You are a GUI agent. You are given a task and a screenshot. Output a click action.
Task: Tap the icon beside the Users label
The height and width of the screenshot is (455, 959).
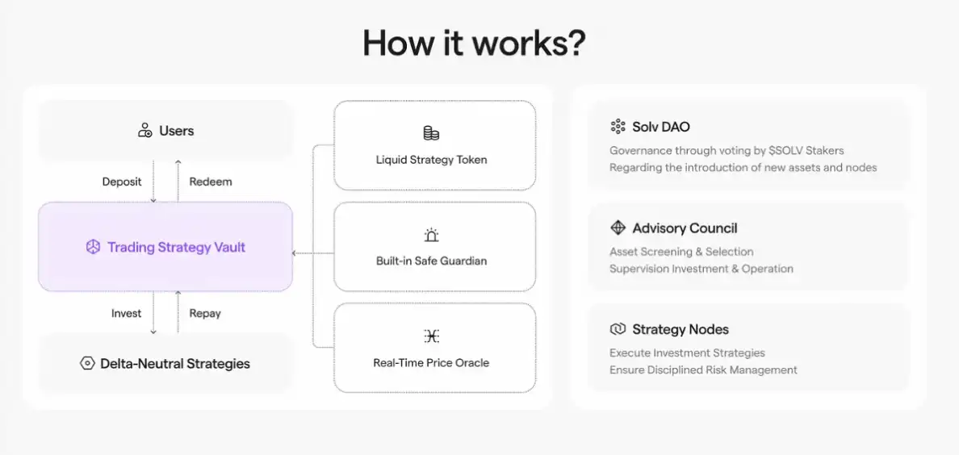point(145,130)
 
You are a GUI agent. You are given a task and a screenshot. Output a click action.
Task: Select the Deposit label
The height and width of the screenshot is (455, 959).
point(122,182)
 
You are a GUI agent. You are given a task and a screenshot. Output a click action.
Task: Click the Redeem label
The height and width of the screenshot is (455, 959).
point(211,182)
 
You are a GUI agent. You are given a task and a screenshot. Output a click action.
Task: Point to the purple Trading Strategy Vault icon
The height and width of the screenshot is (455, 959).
point(93,247)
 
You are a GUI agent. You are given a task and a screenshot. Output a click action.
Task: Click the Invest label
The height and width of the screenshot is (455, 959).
point(126,313)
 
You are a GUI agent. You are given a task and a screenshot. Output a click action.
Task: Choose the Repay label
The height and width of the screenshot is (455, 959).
point(205,313)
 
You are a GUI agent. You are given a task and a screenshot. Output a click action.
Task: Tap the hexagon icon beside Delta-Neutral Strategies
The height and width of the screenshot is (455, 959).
point(87,363)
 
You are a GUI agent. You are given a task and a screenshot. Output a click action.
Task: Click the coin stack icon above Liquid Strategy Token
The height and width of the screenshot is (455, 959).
point(431,133)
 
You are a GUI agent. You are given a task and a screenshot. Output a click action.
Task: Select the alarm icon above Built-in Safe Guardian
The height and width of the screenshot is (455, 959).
point(431,235)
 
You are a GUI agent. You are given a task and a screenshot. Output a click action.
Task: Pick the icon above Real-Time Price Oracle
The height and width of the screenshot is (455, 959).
point(431,336)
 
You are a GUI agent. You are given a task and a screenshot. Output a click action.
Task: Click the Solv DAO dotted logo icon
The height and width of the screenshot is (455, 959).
point(618,127)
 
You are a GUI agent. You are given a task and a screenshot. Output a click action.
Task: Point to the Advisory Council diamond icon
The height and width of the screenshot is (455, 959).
point(618,228)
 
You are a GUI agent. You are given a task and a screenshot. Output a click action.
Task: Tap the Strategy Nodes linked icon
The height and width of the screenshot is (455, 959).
point(618,330)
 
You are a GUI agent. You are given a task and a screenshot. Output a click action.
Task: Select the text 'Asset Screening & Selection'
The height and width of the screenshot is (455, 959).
point(681,252)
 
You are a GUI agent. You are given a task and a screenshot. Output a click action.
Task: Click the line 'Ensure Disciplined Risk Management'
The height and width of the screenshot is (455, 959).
point(703,370)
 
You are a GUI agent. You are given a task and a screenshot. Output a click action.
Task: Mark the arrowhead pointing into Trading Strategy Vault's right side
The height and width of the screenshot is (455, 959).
point(295,253)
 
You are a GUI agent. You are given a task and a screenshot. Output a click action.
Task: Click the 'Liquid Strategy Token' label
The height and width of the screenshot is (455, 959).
point(431,161)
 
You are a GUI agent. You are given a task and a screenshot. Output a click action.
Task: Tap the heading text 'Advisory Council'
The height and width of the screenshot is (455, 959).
point(685,228)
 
